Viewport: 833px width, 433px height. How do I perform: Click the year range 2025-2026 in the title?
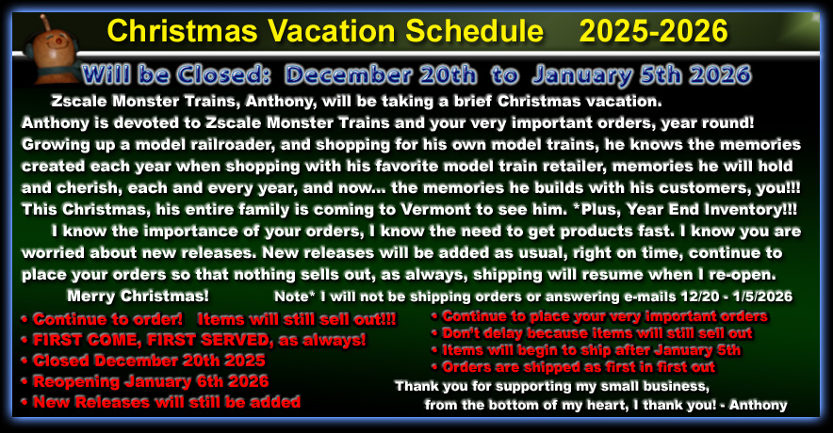coord(653,31)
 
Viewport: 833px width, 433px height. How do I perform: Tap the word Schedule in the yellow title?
coord(474,31)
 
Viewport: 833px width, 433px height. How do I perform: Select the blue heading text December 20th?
coord(381,75)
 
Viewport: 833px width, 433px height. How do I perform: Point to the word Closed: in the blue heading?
coord(223,75)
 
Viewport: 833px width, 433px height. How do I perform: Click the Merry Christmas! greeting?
coord(139,296)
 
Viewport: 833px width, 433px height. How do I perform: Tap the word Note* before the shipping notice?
coord(294,297)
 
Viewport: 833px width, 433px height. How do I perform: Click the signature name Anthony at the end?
coord(759,406)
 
